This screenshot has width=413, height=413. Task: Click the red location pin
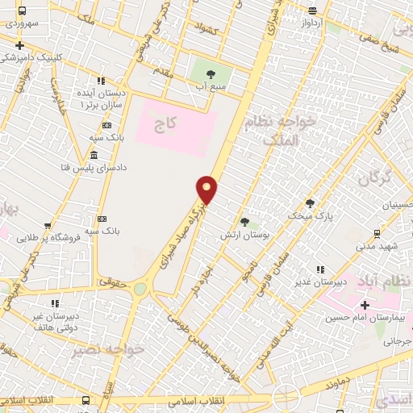coord(207,190)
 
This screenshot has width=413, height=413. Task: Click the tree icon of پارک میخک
coord(310,203)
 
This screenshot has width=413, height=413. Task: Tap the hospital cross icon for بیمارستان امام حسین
coord(365,305)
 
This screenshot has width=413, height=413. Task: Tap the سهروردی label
coord(24,24)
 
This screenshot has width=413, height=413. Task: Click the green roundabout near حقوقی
coord(140,288)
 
